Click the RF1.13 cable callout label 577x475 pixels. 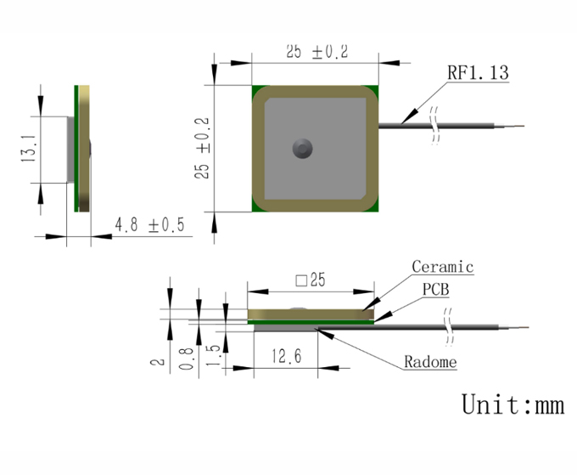click(x=478, y=72)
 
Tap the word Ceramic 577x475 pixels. click(x=442, y=267)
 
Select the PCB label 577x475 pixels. click(x=435, y=289)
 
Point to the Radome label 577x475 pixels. click(x=430, y=362)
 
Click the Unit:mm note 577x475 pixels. click(x=513, y=404)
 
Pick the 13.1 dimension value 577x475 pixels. click(x=28, y=148)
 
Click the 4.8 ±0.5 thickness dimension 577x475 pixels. click(x=149, y=224)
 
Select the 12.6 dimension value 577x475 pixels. click(x=286, y=356)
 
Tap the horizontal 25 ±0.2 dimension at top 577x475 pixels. click(x=317, y=51)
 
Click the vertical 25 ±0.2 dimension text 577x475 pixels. click(x=202, y=148)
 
